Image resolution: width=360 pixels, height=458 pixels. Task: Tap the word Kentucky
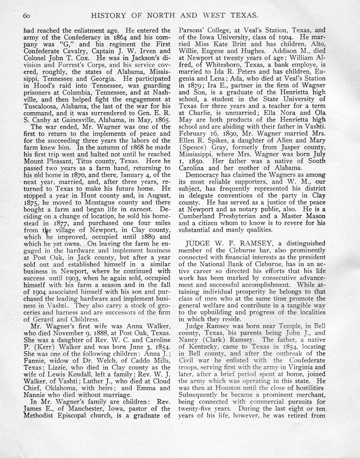[202, 346]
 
